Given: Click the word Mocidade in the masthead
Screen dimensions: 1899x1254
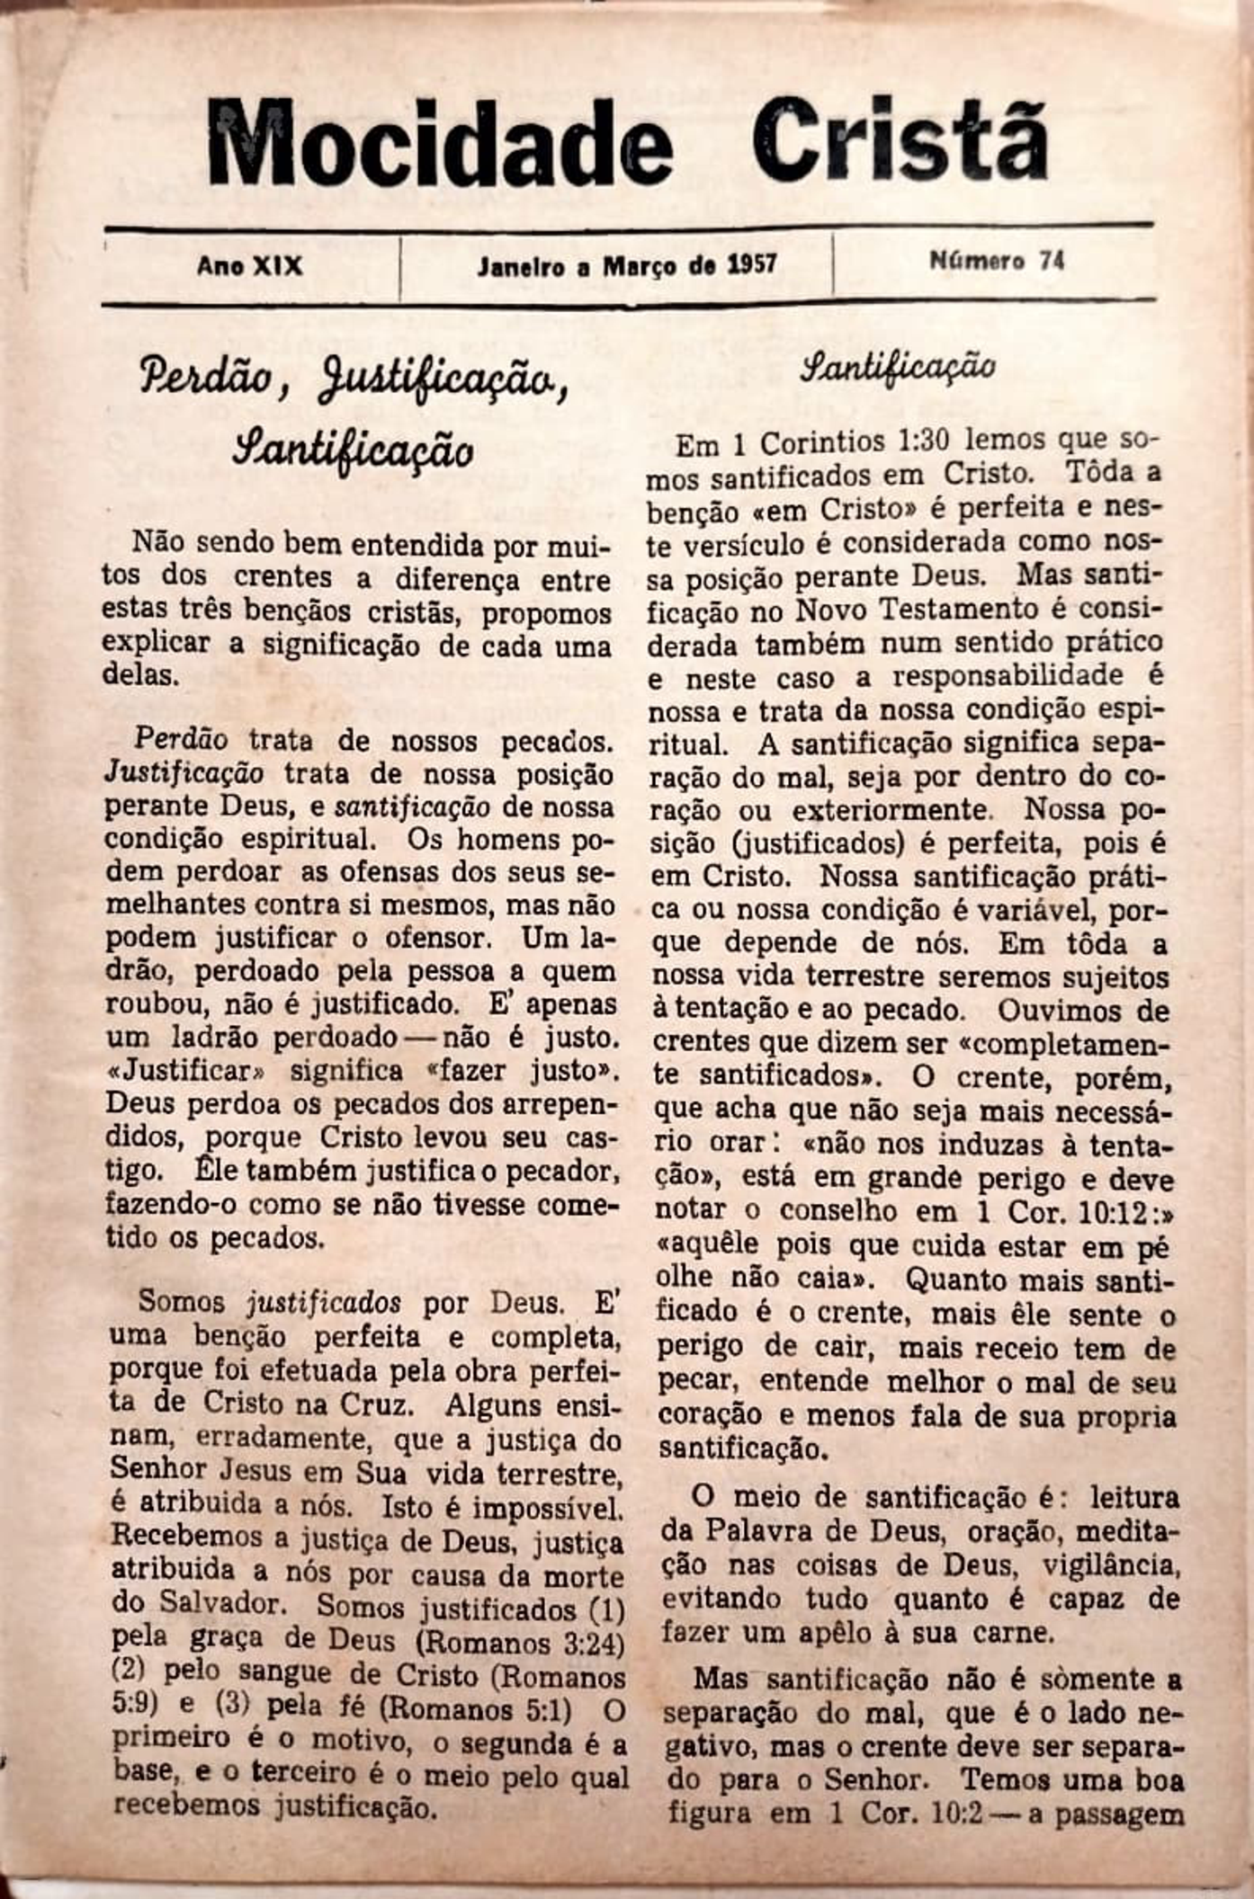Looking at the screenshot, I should click(440, 142).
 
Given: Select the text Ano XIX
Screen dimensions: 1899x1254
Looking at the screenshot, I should click(250, 266).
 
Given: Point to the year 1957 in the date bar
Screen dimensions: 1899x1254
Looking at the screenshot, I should click(752, 265).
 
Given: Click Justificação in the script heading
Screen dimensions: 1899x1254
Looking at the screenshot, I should click(442, 383).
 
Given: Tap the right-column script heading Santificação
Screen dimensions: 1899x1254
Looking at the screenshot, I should click(899, 366).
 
